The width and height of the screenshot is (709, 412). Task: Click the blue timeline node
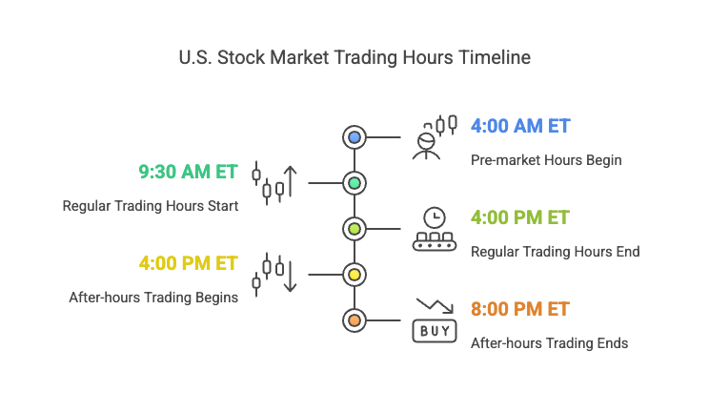point(354,137)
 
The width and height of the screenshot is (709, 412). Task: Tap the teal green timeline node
point(354,183)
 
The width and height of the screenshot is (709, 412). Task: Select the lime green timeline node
point(354,229)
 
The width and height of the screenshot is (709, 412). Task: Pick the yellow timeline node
point(354,275)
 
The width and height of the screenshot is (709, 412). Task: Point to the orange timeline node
point(354,320)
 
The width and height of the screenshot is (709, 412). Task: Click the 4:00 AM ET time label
point(520,126)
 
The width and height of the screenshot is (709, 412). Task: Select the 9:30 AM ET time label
point(188,172)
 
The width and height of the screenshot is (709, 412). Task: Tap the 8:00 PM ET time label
point(520,309)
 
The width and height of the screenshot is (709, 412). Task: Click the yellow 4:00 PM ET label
point(188,263)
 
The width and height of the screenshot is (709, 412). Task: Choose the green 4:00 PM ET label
point(520,217)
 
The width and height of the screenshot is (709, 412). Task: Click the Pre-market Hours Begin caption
point(546,160)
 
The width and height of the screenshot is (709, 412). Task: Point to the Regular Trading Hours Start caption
point(151,206)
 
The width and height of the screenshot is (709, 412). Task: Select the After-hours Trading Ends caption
point(550,343)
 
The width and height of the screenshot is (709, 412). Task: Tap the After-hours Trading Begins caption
point(153,298)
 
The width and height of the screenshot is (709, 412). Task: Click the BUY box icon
point(435,331)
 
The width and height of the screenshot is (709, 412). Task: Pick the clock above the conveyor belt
point(435,217)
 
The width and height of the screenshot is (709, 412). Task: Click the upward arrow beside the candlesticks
point(291,181)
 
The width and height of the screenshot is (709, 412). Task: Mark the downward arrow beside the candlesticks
point(291,276)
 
